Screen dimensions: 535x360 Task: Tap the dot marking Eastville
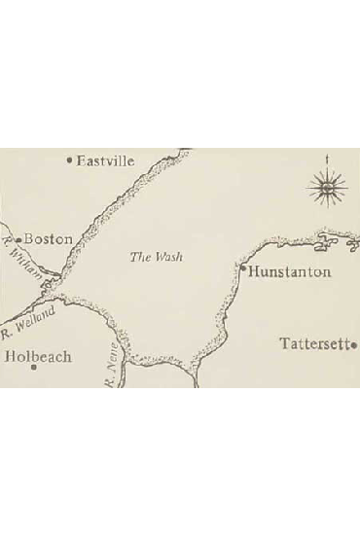point(69,160)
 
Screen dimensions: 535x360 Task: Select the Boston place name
point(48,238)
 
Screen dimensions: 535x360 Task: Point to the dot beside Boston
point(18,238)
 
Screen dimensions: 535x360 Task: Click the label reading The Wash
point(157,257)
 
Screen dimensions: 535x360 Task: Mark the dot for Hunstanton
point(242,266)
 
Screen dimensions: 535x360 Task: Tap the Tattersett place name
point(314,343)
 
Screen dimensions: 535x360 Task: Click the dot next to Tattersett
point(355,343)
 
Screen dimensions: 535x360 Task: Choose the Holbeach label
point(38,357)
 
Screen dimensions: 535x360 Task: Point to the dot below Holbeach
point(33,369)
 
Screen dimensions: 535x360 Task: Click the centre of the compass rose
point(328,185)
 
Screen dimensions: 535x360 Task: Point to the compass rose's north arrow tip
point(328,157)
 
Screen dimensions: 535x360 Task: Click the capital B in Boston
point(28,238)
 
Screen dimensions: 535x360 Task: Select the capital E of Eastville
point(81,160)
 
